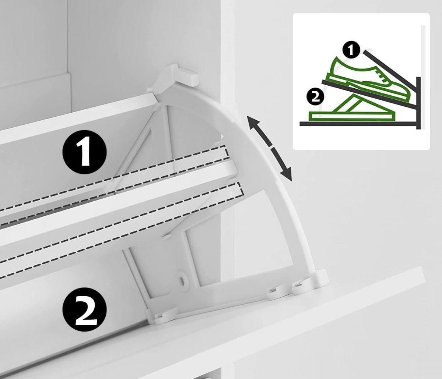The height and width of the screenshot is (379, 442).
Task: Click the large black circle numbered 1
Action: click(84, 152)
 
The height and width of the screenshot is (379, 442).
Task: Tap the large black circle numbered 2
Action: click(84, 309)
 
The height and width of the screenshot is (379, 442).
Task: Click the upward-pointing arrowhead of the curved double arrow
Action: click(252, 122)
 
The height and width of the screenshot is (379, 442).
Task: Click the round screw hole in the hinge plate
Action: click(183, 280)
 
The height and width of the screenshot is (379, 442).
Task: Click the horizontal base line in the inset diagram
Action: click(358, 124)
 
